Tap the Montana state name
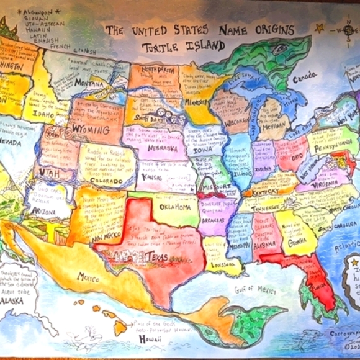tap(88, 83)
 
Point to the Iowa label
tap(202, 149)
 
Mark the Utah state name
tap(50, 173)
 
